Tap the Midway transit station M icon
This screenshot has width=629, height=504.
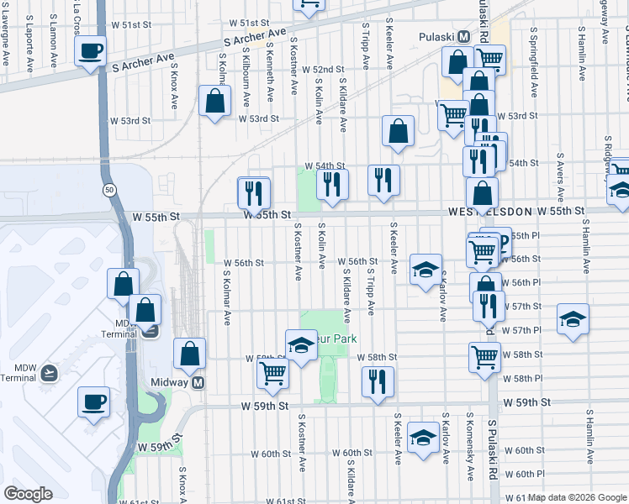(198, 383)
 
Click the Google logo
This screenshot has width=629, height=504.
(28, 494)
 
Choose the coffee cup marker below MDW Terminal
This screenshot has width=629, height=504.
(92, 400)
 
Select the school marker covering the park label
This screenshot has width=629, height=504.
(300, 344)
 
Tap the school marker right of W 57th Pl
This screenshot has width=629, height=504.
(573, 319)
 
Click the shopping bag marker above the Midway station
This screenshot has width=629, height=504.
(190, 353)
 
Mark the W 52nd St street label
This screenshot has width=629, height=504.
(324, 69)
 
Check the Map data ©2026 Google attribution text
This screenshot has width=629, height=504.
(578, 497)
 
